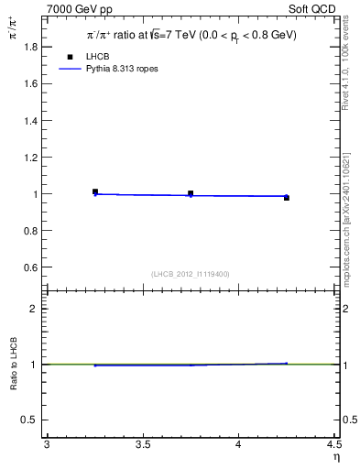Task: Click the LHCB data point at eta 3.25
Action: click(95, 191)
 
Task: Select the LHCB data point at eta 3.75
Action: click(191, 193)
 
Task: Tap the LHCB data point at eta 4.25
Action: click(286, 197)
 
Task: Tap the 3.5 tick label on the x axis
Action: click(143, 444)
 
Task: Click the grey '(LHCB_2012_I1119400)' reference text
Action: click(191, 274)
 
